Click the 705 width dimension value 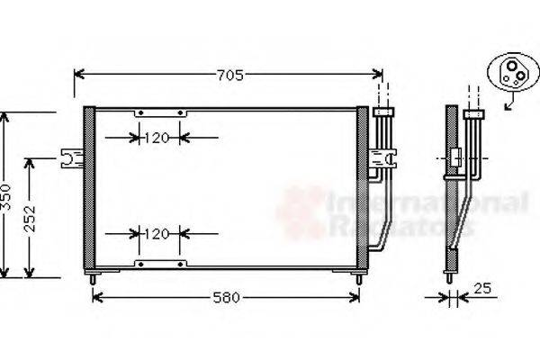tap(229, 76)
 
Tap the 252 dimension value tap(31, 217)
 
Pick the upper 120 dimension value tap(157, 138)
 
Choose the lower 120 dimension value tap(157, 234)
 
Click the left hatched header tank tap(89, 189)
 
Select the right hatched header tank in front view tap(363, 189)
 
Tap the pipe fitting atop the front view tap(384, 112)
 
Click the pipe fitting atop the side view tap(473, 114)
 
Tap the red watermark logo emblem tap(301, 212)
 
